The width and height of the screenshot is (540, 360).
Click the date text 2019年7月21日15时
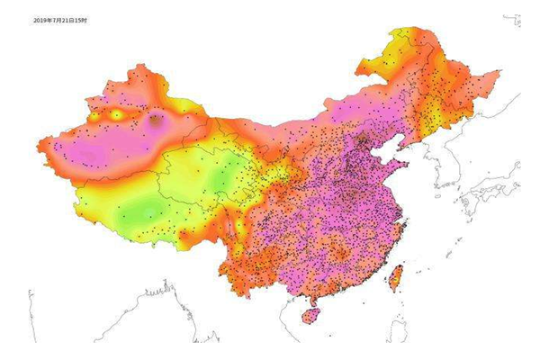60,19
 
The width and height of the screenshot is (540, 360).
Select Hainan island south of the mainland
310,316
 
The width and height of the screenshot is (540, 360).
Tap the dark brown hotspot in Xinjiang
156,119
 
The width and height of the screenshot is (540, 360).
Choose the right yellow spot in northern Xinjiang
117,115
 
